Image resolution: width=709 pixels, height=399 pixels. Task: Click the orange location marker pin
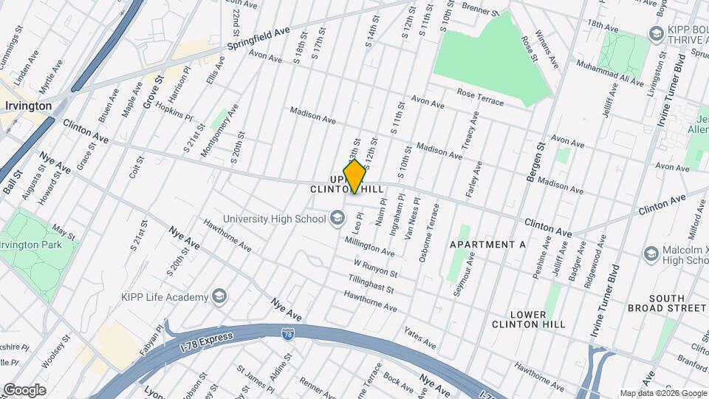tap(354, 176)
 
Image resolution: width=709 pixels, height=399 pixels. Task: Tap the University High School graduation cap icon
tap(338, 218)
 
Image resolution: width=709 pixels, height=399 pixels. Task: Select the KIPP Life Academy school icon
tap(219, 297)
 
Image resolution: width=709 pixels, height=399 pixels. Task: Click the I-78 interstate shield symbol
tap(288, 335)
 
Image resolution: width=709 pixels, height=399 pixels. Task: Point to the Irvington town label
tap(27, 106)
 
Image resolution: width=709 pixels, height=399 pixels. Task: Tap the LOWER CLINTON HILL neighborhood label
tap(527, 318)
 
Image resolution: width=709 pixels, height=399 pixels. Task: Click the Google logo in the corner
tap(24, 389)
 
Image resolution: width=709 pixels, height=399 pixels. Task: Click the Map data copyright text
tap(663, 393)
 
